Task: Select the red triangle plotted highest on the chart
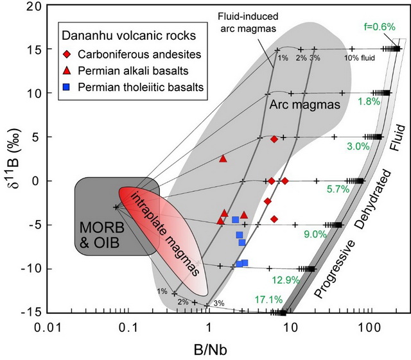click(x=223, y=158)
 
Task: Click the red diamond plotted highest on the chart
click(x=274, y=139)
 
